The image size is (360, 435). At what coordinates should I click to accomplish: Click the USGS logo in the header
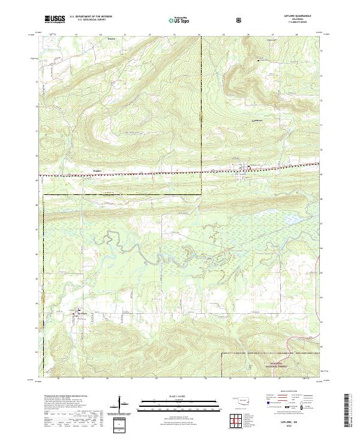click(55, 19)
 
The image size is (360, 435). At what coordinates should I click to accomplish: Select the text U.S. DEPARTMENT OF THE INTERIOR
click(91, 16)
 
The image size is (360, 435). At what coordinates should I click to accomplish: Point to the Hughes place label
click(98, 170)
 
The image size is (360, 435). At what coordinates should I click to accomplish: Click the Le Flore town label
click(81, 313)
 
